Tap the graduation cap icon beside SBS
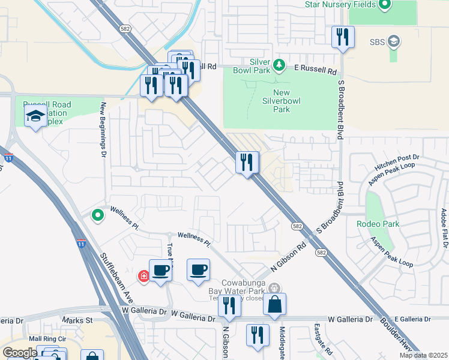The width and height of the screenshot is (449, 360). pos(394,41)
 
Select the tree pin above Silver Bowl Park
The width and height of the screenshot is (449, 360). pos(278,64)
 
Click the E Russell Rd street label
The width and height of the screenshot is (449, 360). pos(315,70)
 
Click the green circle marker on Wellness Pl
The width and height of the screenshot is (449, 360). pos(97,214)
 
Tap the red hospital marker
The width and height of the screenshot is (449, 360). pos(143,276)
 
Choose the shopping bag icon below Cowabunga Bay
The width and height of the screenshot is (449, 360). pos(274,305)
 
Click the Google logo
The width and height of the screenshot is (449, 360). pos(19,352)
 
